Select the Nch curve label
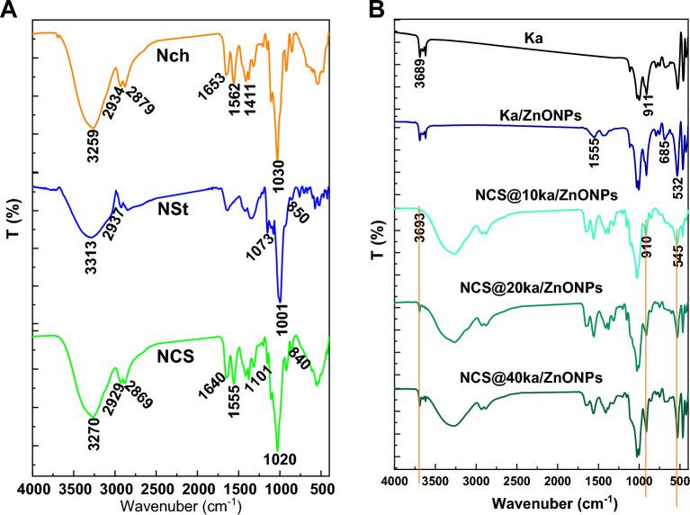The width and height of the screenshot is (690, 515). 174,56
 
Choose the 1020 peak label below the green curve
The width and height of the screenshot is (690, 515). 278,460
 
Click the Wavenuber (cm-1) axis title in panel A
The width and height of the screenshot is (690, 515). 180,506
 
